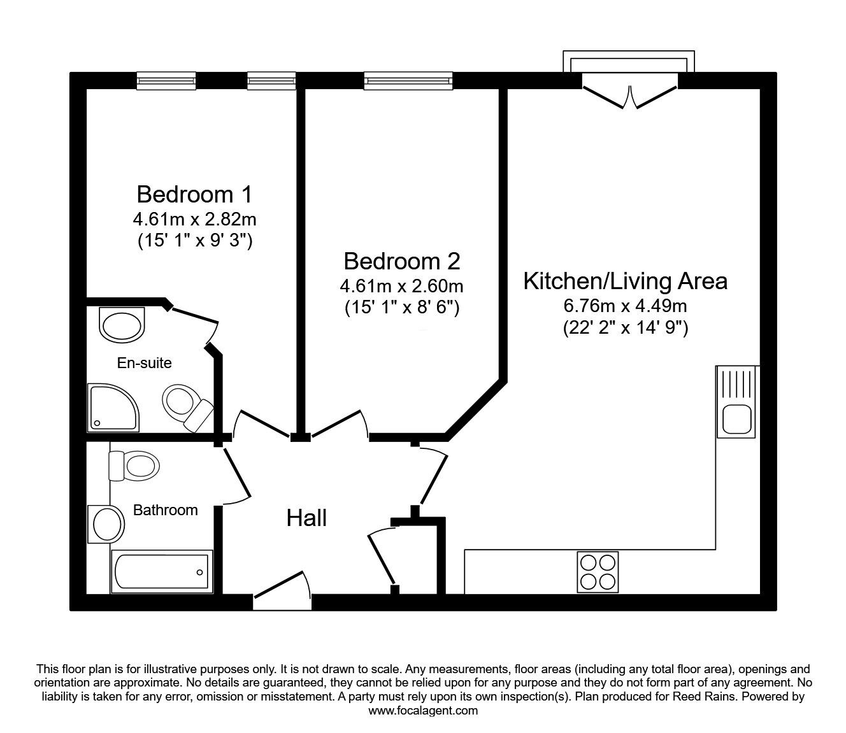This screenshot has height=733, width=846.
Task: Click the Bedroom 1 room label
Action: point(194,193)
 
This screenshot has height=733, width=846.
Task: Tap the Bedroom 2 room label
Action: point(401,261)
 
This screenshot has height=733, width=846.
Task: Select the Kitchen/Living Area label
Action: point(625,281)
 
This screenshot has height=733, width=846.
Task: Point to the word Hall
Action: point(306,518)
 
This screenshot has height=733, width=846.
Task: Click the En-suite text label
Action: point(144,363)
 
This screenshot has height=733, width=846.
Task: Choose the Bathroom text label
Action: point(165,510)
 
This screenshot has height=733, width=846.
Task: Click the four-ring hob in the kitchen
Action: point(598,571)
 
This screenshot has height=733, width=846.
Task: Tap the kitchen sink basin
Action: point(736,420)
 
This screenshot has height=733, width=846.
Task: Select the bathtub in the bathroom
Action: point(161,571)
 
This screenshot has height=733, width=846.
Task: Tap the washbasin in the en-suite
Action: point(123,324)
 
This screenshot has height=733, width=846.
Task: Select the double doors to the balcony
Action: point(629,96)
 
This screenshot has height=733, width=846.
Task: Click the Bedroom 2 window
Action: point(408,80)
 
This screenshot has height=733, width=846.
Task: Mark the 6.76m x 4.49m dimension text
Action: point(625,306)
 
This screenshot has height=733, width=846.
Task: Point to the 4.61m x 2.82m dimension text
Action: point(194,220)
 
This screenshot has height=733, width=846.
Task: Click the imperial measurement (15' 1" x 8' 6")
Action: point(401,308)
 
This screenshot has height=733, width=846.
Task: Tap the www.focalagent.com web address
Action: point(423,711)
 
